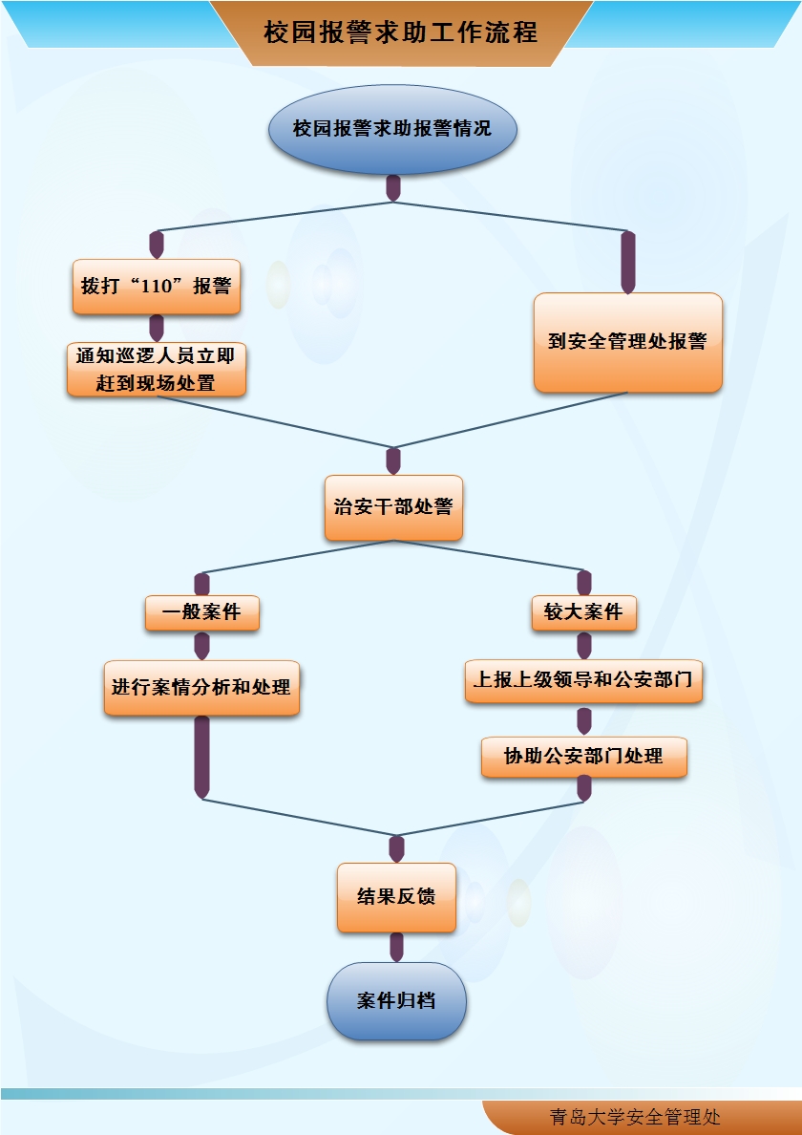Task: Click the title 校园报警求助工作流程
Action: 401,32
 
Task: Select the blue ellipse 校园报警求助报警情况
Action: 392,128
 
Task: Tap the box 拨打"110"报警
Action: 157,286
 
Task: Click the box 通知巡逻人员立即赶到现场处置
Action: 157,370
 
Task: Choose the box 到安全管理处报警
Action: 627,342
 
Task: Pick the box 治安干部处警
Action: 393,507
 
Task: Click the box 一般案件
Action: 201,612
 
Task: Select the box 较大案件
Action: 583,612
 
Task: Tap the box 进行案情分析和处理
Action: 201,687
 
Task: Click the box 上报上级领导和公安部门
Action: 583,681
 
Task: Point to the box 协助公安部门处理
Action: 583,756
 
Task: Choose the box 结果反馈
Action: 396,897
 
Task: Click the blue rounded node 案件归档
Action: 396,1001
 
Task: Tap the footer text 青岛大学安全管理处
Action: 635,1117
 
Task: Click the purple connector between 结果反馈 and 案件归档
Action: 396,946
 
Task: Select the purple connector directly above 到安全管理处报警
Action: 627,262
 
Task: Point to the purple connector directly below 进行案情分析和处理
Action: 201,757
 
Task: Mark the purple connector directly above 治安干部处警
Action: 393,460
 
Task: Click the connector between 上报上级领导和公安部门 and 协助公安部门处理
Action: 584,720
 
